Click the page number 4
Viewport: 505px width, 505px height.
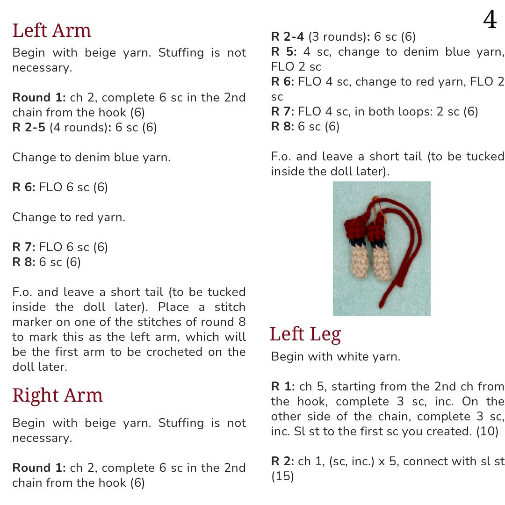point(490,21)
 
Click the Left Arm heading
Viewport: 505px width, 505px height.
point(51,31)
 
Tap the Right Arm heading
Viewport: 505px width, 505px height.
point(57,396)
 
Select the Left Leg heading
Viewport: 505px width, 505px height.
point(305,334)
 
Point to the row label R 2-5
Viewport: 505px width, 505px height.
point(29,128)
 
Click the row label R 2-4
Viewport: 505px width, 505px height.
point(287,36)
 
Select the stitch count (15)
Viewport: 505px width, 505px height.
point(282,476)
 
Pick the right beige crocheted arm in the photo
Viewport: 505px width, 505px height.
point(381,265)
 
